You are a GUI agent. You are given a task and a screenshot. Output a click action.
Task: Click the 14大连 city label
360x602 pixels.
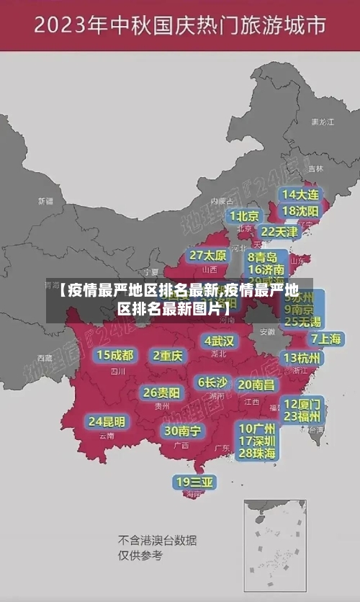coord(300,194)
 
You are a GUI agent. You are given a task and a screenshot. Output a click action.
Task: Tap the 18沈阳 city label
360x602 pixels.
coord(300,210)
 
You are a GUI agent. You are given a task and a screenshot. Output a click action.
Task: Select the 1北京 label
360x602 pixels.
coord(244,215)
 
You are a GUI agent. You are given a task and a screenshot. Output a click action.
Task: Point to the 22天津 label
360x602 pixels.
coord(279,231)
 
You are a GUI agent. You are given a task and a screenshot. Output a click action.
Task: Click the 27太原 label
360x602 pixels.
coord(208,255)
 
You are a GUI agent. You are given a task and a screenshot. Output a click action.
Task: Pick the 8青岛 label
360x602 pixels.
coord(263,256)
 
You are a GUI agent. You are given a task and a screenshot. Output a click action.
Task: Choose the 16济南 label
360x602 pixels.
coord(266,269)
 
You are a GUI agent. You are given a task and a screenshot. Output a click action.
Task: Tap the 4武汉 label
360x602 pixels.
coord(219,340)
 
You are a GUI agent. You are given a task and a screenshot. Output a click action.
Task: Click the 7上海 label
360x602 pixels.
coord(325,338)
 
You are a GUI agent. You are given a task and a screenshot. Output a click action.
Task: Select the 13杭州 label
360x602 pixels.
coord(302,358)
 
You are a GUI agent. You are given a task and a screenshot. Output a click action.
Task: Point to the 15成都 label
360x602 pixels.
coord(115,354)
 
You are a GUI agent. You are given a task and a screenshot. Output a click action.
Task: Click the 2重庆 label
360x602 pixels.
coord(168,355)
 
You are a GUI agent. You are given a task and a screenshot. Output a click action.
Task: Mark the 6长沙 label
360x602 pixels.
coord(212,382)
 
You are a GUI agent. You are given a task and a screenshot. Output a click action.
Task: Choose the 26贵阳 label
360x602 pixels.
coord(161,392)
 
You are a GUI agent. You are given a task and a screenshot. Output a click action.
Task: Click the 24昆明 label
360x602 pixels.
coord(107,421)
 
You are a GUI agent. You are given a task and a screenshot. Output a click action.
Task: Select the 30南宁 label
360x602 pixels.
coord(182,430)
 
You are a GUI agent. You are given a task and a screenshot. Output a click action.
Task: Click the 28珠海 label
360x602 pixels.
coord(257,453)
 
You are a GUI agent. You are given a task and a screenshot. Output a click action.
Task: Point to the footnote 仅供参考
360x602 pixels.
coord(140,555)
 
